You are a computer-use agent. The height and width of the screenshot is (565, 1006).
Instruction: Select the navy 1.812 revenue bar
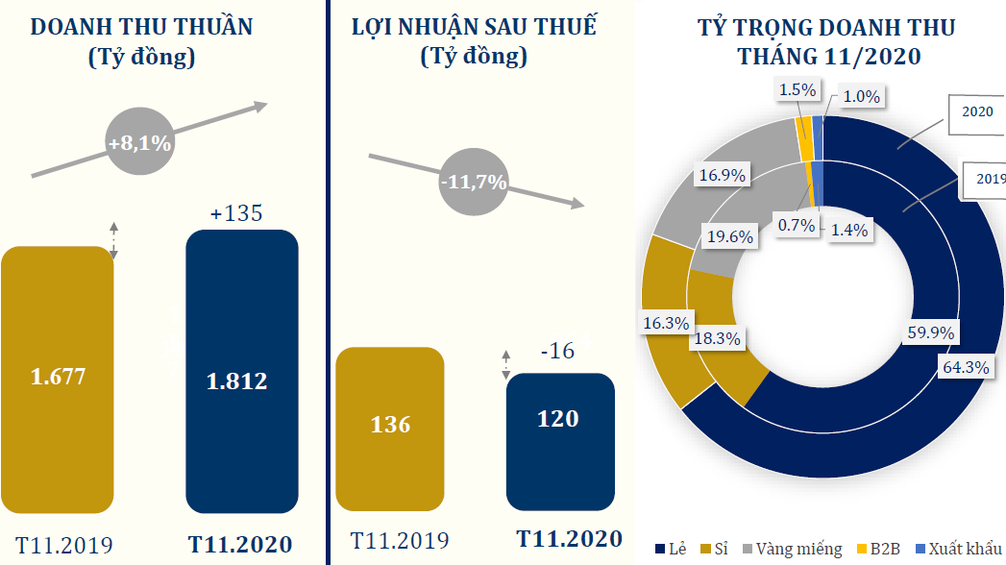pyautogui.click(x=241, y=371)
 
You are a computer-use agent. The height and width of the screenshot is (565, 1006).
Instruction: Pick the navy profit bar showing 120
pyautogui.click(x=560, y=441)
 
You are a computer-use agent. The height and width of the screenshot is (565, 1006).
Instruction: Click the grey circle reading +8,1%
pyautogui.click(x=139, y=144)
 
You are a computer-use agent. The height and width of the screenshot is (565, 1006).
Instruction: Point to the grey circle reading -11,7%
pyautogui.click(x=473, y=181)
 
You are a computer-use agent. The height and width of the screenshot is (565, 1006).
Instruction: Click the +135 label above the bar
pyautogui.click(x=235, y=213)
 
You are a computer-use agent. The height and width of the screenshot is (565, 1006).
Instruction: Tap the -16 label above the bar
pyautogui.click(x=557, y=352)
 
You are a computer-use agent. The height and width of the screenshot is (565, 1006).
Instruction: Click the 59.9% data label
pyautogui.click(x=929, y=333)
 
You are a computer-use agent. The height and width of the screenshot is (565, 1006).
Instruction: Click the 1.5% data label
pyautogui.click(x=797, y=90)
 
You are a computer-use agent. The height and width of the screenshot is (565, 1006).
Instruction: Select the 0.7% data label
pyautogui.click(x=797, y=226)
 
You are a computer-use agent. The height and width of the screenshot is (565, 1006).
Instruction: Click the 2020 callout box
pyautogui.click(x=978, y=111)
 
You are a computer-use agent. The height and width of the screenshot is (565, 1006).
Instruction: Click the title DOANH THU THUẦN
pyautogui.click(x=142, y=28)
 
